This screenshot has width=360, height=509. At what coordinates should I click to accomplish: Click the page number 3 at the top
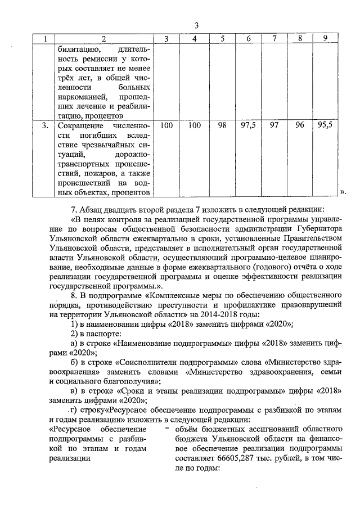[197, 25]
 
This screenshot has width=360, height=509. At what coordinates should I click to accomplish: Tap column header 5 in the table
[223, 38]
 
